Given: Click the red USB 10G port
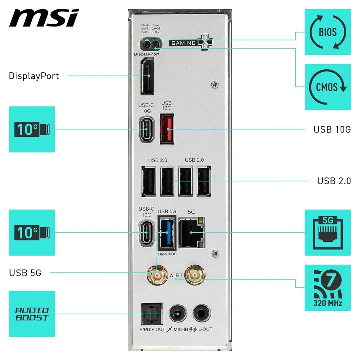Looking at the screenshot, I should coord(167,129).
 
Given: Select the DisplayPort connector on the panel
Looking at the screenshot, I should coord(147,76).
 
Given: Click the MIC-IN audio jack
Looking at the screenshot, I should coord(178,314).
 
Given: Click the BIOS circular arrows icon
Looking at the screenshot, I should coord(327,32).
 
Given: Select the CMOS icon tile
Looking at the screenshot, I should coord(327,87).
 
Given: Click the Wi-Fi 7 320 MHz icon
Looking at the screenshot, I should coord(327,288).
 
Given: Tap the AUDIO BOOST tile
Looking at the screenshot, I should coord(32,314).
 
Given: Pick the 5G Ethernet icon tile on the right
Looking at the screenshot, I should coord(327,232).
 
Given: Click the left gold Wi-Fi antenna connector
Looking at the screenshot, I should coord(157,275).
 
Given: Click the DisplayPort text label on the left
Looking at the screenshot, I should coord(34,76).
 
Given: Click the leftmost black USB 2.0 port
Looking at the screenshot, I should coord(148,181).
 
